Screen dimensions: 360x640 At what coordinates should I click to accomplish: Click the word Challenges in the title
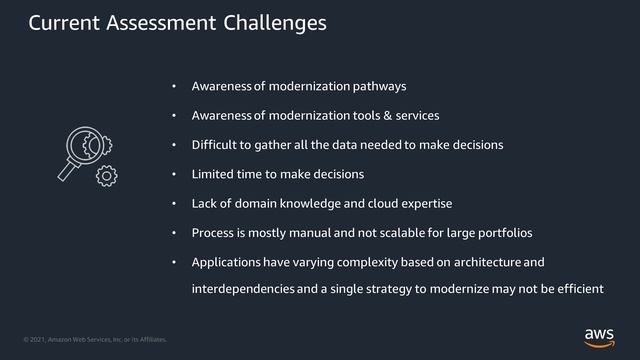click(x=275, y=22)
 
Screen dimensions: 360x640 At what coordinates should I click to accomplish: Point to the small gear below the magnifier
click(x=106, y=177)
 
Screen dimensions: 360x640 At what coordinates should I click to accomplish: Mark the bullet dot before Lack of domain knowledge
click(x=174, y=204)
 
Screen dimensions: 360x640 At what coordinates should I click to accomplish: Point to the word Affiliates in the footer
click(x=148, y=340)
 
